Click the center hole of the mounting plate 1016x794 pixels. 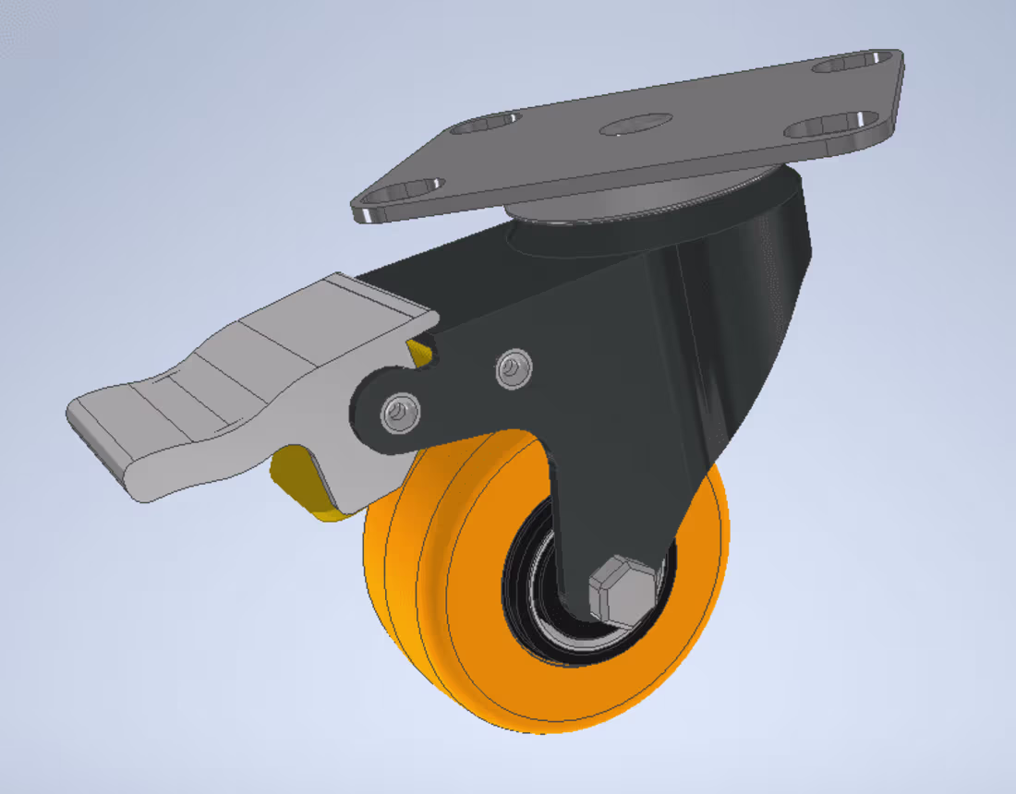pos(635,125)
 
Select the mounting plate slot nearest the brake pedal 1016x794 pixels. pos(405,191)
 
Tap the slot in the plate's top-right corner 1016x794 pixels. pos(847,64)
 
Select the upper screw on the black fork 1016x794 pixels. pos(513,369)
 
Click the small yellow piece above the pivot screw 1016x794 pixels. pos(420,349)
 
